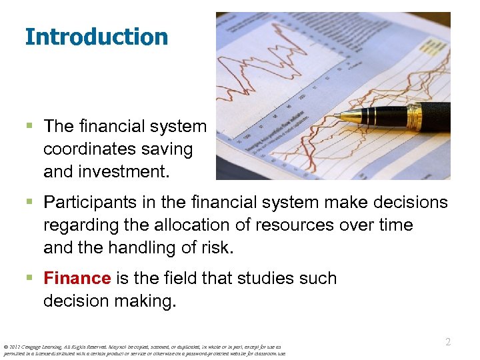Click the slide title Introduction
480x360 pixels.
click(x=96, y=37)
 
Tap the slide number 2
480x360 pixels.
click(x=448, y=341)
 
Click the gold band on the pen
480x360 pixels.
click(x=414, y=117)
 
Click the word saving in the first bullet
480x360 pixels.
click(x=170, y=149)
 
